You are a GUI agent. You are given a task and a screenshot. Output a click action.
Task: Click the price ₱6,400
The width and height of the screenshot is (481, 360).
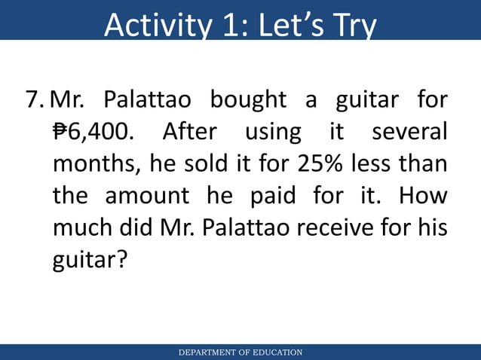[x=94, y=133]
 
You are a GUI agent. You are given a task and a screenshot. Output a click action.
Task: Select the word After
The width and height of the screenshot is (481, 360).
[x=190, y=133]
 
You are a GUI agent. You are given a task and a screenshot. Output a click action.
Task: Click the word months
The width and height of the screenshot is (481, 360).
[x=95, y=164]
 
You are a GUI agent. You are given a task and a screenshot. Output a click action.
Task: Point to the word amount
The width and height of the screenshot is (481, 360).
[x=147, y=196]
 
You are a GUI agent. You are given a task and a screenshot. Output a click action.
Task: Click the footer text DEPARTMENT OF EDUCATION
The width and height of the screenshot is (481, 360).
[x=240, y=352]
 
